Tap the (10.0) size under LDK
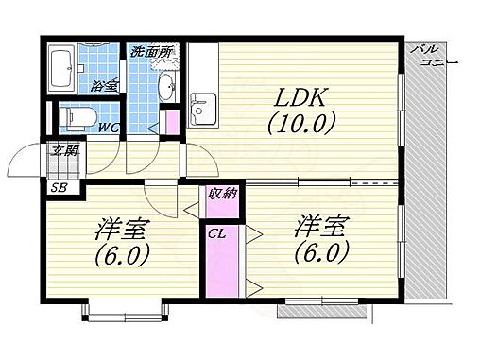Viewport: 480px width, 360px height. (x=300, y=123)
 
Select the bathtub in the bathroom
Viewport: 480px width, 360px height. (x=64, y=67)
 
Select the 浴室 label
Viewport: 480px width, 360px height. (x=105, y=86)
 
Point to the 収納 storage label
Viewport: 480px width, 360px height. (x=211, y=194)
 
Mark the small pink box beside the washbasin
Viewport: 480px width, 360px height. (x=171, y=122)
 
